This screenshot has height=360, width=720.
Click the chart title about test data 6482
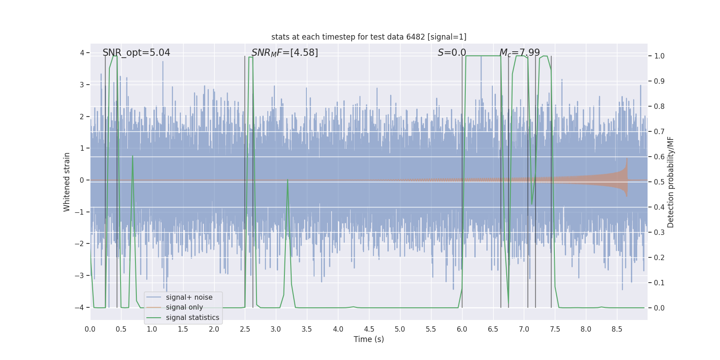tap(369, 37)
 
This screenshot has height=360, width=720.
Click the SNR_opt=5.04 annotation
tap(136, 53)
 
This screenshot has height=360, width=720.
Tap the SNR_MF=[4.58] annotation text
tap(284, 53)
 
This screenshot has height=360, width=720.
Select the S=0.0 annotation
tap(452, 53)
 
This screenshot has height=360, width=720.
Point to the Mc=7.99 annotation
tap(519, 53)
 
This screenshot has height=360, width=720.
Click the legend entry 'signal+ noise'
tap(189, 297)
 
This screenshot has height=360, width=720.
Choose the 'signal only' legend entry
tap(184, 307)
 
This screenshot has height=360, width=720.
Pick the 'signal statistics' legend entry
tap(192, 318)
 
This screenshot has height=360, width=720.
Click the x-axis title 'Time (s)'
tap(369, 339)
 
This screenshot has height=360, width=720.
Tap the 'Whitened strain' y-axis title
tap(67, 182)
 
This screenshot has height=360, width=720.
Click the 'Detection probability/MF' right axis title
tap(670, 182)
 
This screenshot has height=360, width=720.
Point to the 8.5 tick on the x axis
tap(616, 329)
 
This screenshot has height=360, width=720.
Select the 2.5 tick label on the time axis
tap(245, 329)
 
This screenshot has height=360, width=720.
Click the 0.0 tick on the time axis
tap(90, 329)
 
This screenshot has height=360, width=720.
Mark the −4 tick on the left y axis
tap(80, 307)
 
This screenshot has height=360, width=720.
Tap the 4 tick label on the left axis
tap(82, 53)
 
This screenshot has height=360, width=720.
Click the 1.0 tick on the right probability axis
tap(659, 56)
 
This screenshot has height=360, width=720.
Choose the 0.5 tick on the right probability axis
tap(659, 182)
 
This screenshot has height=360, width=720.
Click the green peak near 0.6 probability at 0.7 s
tap(132, 157)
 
